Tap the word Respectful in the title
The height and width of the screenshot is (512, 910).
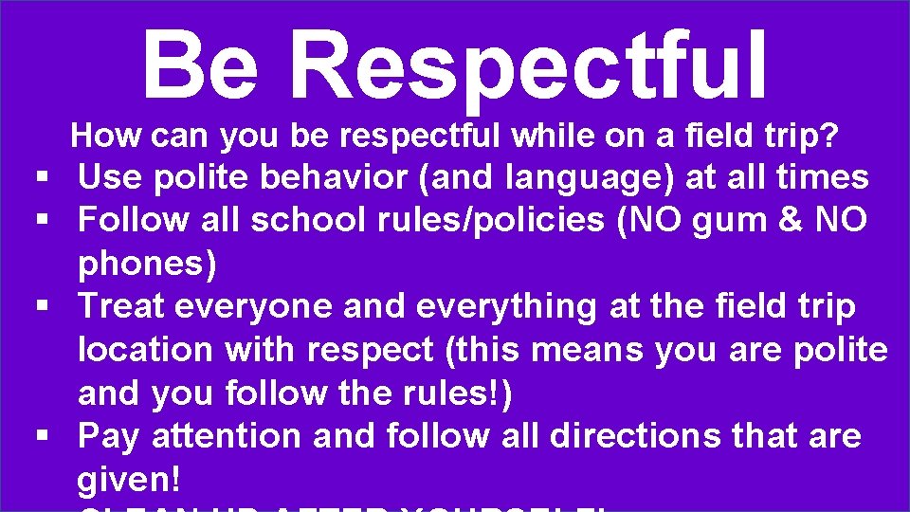(529, 64)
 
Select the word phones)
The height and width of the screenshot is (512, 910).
(147, 265)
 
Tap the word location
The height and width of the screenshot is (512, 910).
(145, 350)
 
